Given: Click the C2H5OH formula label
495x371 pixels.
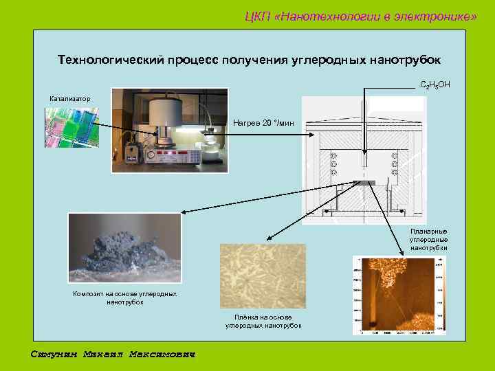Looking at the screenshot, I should [x=434, y=85].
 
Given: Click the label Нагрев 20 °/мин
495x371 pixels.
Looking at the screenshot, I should [x=263, y=123].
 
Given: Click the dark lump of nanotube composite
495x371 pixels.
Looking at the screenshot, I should [x=124, y=250].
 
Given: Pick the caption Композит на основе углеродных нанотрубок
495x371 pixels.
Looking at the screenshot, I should [x=124, y=298].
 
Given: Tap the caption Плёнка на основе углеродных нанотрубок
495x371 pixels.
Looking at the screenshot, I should [x=263, y=321].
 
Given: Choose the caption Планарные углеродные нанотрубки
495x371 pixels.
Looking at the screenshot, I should [x=428, y=239].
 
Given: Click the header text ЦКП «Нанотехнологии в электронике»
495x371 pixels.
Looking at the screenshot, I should [x=360, y=16].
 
